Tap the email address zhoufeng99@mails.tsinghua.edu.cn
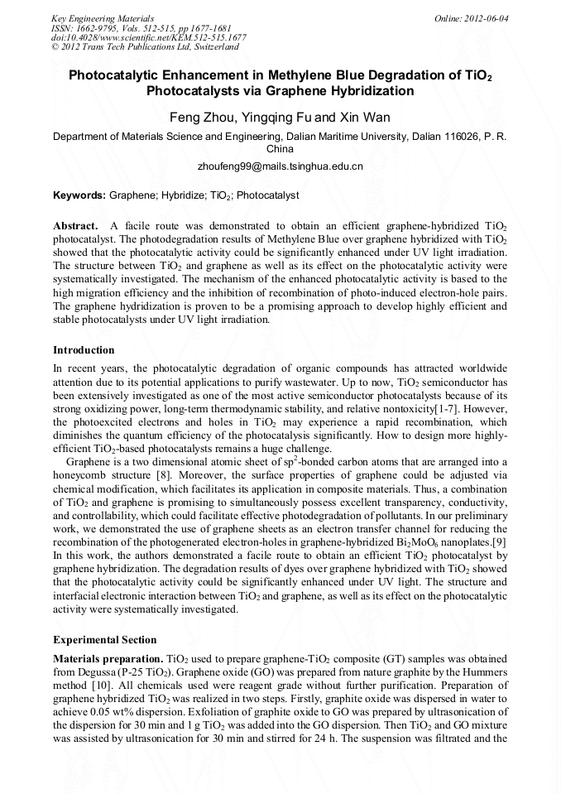280,166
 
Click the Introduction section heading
84,350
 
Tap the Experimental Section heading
104,640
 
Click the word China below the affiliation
280,149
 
